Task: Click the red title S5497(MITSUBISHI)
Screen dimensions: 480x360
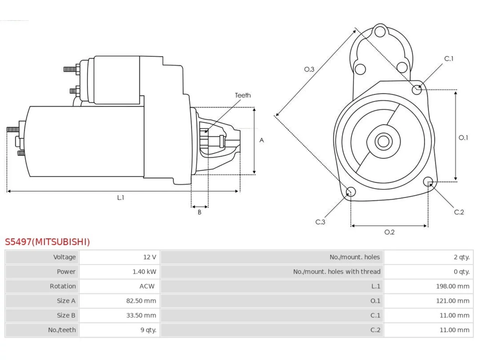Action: pyautogui.click(x=47, y=242)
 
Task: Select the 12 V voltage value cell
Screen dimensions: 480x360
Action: pyautogui.click(x=150, y=257)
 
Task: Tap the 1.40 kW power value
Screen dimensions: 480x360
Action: pyautogui.click(x=144, y=272)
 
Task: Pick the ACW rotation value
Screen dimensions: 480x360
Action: pyautogui.click(x=147, y=286)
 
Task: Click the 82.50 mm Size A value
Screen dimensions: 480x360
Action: pyautogui.click(x=141, y=301)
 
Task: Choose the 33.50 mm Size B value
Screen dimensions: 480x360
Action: pyautogui.click(x=141, y=315)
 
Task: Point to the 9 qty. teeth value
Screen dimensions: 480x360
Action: pyautogui.click(x=148, y=330)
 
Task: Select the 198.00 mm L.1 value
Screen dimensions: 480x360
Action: pyautogui.click(x=453, y=286)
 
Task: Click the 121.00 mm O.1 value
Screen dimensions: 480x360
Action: pyautogui.click(x=453, y=301)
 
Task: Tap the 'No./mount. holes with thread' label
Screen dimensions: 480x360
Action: pyautogui.click(x=337, y=272)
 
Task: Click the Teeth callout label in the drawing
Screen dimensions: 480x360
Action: pyautogui.click(x=243, y=95)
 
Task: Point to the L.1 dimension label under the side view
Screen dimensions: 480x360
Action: pyautogui.click(x=120, y=198)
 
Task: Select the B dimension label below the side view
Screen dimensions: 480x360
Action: pyautogui.click(x=199, y=212)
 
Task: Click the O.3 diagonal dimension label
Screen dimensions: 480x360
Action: pyautogui.click(x=309, y=69)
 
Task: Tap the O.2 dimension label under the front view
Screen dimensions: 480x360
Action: pyautogui.click(x=390, y=232)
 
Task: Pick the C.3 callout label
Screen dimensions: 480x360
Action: pyautogui.click(x=320, y=222)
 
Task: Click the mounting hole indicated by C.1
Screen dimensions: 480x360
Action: pyautogui.click(x=417, y=90)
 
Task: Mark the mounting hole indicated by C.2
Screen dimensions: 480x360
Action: pyautogui.click(x=428, y=181)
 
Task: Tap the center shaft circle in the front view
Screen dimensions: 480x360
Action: pyautogui.click(x=383, y=141)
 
